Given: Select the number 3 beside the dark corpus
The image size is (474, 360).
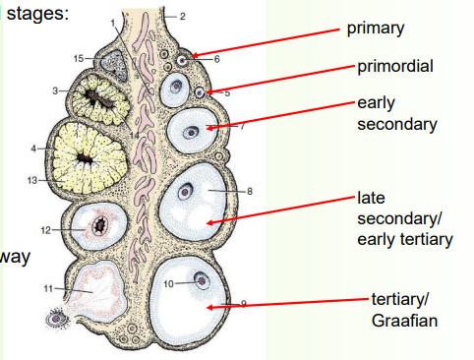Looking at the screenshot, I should [x=57, y=90].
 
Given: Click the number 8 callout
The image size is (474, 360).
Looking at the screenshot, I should [x=250, y=191].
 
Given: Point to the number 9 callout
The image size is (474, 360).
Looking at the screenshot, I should [x=243, y=303].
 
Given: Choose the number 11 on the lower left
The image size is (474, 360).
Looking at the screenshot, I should [x=46, y=288].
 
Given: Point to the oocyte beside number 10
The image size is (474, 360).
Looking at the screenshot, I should [x=202, y=279].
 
